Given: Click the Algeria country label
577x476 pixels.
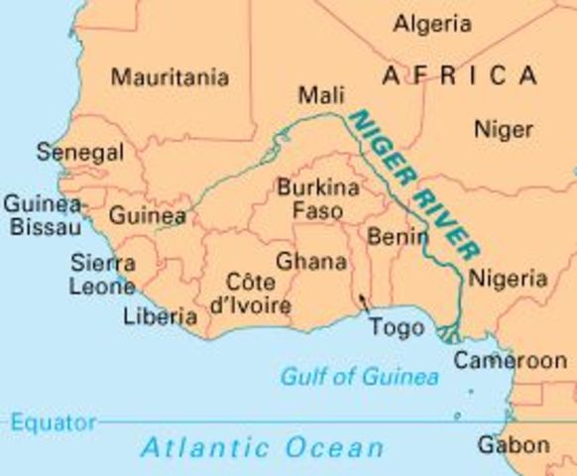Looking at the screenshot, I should click(x=431, y=23).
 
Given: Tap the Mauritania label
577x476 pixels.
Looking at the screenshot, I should click(x=170, y=76).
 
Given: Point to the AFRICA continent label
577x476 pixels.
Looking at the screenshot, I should click(x=459, y=75).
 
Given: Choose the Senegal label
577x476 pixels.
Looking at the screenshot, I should click(x=80, y=153).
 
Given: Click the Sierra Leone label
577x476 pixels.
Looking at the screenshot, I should click(x=102, y=275).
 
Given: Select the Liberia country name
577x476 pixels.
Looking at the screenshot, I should click(x=160, y=317).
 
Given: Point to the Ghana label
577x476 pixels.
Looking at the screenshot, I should click(x=311, y=262).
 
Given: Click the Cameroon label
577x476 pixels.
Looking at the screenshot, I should click(x=510, y=361).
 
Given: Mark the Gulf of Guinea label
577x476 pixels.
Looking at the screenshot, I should click(x=359, y=377).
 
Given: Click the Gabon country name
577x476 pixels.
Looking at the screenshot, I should click(x=513, y=445).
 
